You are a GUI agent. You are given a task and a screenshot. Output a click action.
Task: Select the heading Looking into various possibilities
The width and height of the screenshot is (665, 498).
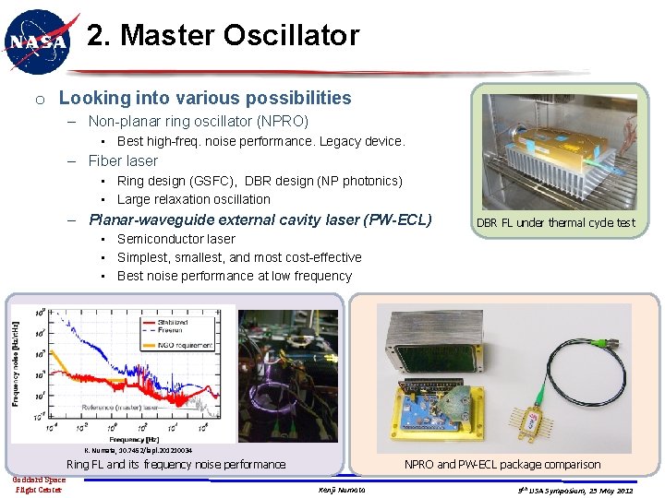point(204,98)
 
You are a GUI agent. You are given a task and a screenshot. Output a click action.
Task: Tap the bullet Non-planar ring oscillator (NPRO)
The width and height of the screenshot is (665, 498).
point(198,121)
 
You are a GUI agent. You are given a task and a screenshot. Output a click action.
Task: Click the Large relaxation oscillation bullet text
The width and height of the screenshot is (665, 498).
point(193,199)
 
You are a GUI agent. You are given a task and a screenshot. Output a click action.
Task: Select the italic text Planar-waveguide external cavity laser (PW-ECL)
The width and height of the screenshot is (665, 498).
point(260,219)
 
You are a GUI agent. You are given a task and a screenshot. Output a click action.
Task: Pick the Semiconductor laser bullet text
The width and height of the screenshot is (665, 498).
point(175,239)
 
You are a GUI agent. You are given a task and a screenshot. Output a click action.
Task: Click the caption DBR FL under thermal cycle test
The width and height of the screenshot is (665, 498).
point(555,222)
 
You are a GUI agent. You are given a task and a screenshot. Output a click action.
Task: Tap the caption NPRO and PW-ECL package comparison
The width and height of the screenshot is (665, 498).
point(502,465)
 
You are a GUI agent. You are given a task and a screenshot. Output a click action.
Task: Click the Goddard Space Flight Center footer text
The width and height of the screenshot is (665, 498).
point(38,484)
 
